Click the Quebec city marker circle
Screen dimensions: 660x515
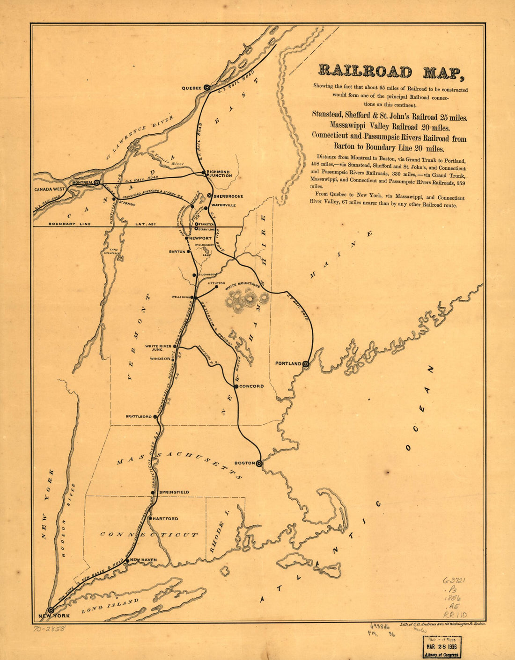(206, 87)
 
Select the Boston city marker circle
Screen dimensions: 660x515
(259, 463)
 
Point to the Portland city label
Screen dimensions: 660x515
(288, 363)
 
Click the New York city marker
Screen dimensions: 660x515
(51, 610)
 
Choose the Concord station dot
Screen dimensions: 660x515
(236, 386)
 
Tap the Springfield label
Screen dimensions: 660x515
(174, 492)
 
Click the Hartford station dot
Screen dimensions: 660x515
(150, 519)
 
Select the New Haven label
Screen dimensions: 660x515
(143, 560)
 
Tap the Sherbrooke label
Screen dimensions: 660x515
(228, 196)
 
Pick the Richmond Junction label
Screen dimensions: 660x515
(219, 174)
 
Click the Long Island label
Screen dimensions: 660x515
(110, 605)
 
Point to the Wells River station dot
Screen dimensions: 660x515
(195, 297)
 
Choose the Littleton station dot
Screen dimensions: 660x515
(216, 287)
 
